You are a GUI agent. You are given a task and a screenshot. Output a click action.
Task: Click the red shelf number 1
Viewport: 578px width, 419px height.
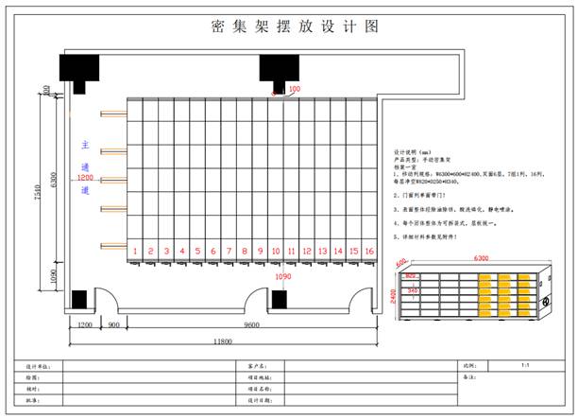coord(136,251)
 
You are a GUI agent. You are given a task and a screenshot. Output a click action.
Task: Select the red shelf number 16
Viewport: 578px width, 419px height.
coord(369,251)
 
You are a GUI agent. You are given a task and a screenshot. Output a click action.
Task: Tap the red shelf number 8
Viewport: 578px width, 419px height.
coord(245,251)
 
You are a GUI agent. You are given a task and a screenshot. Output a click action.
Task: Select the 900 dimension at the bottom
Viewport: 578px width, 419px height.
coord(113,323)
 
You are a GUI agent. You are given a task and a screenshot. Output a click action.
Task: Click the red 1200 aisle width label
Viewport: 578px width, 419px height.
coord(85,178)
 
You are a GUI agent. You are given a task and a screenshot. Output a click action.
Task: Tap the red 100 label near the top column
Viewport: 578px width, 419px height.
coord(294,89)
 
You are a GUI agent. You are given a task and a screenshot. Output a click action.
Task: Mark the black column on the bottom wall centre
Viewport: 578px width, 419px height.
coord(280,300)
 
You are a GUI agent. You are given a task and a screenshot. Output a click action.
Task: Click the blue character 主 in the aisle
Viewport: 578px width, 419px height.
coord(85,147)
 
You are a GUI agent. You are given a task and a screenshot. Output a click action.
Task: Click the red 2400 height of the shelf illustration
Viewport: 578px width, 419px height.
coord(391,295)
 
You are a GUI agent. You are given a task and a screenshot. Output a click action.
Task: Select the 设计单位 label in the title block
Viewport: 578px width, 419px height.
coord(39,364)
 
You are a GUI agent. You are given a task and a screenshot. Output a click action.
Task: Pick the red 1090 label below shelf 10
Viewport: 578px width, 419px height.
coord(281,277)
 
